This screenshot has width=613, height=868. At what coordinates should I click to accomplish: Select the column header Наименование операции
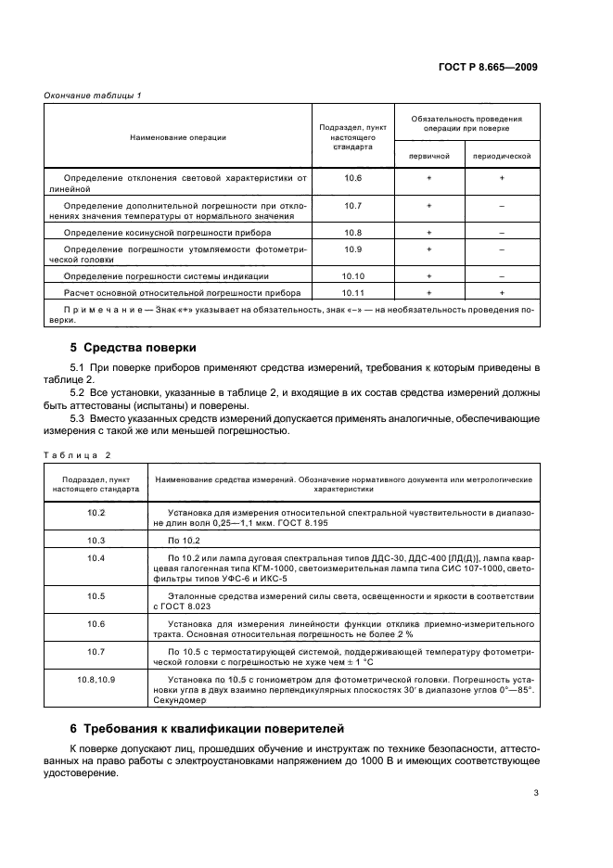point(178,137)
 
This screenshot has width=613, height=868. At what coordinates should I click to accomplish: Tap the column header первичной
point(428,156)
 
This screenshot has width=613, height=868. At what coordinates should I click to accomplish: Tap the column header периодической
point(501,156)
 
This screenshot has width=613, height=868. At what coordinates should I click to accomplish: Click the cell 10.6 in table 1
point(352,177)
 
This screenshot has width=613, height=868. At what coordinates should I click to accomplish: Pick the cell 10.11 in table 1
point(352,292)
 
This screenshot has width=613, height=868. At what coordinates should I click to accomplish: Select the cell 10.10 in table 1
point(352,276)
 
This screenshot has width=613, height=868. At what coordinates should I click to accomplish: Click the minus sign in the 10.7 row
point(501,205)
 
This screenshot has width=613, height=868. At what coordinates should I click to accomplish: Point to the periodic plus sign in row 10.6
point(501,177)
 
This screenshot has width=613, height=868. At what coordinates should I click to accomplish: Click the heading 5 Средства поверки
point(134,348)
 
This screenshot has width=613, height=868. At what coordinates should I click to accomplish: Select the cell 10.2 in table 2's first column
point(96,512)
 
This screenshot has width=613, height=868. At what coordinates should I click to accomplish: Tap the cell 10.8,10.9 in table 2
point(96,680)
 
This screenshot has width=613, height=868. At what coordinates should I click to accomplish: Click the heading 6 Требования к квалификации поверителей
point(209,728)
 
